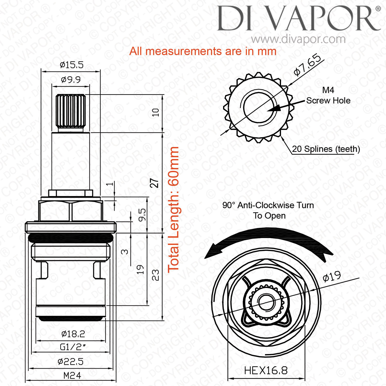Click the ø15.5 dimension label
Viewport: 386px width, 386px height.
[72, 65]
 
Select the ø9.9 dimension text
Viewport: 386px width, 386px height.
[71, 80]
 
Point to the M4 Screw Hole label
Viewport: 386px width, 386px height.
[328, 95]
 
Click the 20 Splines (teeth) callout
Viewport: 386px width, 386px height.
[326, 149]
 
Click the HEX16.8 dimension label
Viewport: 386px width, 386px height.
[266, 371]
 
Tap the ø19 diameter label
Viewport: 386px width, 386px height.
[332, 276]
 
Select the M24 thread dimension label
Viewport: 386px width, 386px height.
[72, 376]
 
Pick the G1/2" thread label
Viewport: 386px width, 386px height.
[73, 347]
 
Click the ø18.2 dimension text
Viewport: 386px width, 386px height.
[73, 334]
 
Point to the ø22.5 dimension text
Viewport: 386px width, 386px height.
[71, 362]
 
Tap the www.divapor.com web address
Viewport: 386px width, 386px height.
[299, 39]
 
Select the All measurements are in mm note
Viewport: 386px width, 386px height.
[203, 51]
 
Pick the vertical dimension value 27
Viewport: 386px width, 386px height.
[154, 183]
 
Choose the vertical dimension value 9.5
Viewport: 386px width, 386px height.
[142, 215]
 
